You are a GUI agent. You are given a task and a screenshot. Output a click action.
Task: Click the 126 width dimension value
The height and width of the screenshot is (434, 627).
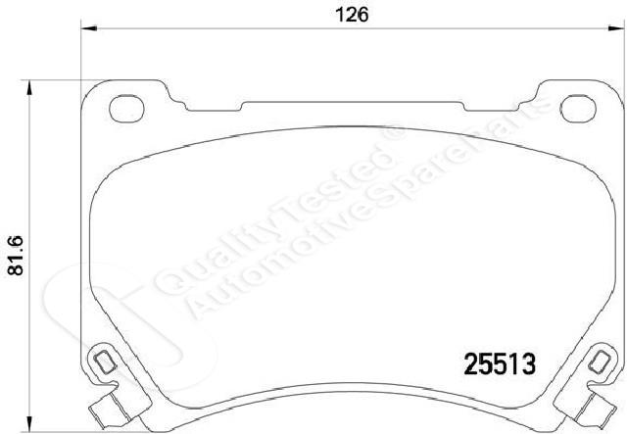352,15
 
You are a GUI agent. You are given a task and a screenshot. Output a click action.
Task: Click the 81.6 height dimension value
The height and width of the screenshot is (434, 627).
16,256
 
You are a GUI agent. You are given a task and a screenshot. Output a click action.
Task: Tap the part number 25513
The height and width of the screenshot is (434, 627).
500,364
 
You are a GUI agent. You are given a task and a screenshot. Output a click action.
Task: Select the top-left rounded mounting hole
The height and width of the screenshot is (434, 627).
126,109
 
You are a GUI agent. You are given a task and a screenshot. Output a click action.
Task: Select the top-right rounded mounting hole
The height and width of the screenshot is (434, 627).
578,109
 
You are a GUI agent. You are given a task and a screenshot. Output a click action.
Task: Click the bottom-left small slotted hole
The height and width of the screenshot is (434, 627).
106,362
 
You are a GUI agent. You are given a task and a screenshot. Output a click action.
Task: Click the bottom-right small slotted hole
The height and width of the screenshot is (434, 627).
599,362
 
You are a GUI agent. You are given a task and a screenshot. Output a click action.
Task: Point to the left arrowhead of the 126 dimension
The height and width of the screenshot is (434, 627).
89,28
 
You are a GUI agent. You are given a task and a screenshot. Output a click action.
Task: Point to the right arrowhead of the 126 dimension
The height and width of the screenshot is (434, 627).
616,28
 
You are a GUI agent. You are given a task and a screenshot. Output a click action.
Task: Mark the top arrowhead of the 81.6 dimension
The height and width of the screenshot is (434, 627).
28,87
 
